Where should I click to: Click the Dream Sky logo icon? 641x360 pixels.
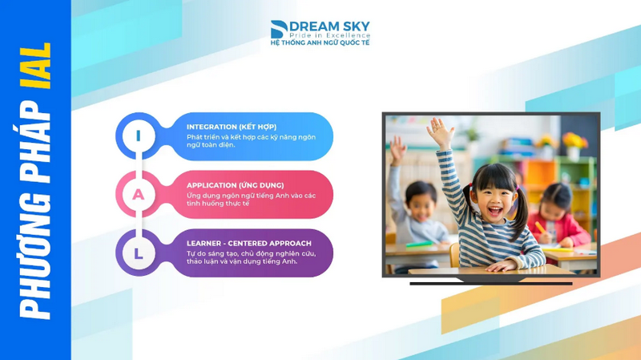279,30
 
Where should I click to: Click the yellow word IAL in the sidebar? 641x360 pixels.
35,66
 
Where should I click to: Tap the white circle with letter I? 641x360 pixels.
139,136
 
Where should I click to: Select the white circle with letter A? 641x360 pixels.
139,194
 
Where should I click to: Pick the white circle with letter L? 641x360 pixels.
139,253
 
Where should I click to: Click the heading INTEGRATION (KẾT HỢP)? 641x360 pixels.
232,127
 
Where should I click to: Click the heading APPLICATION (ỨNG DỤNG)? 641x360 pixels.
235,185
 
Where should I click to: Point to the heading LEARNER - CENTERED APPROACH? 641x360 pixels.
249,244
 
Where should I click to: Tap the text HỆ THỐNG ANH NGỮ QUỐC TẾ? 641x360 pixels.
320,42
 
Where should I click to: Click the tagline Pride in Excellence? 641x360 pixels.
330,35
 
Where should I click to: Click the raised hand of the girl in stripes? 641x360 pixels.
440,131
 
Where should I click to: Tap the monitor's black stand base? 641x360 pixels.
490,282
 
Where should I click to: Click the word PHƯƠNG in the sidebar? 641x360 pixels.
35,256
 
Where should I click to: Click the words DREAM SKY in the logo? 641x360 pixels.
329,26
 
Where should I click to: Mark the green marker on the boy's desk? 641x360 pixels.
418,245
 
